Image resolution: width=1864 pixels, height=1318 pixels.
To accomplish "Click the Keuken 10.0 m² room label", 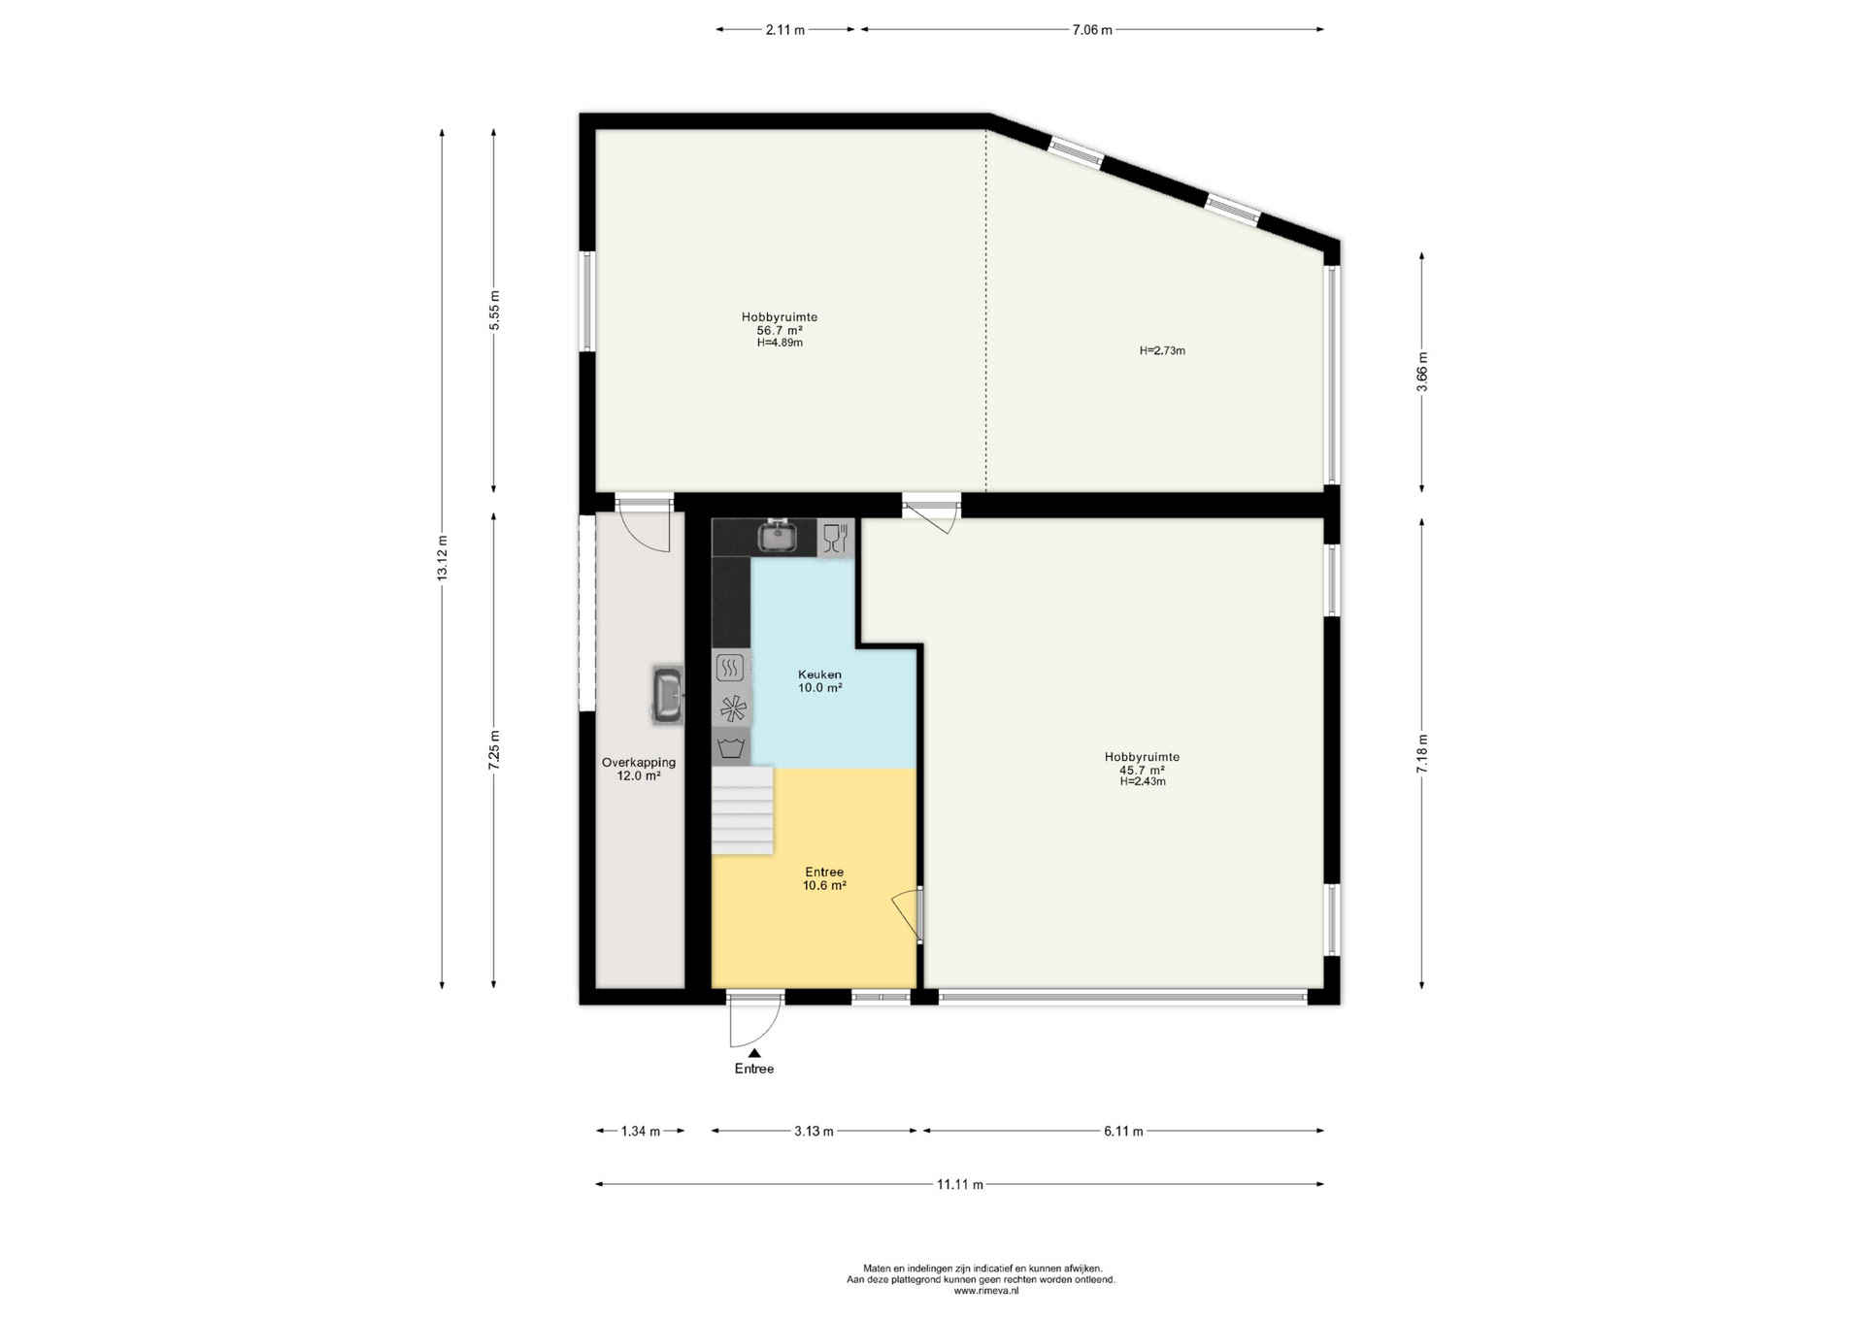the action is pyautogui.click(x=819, y=681).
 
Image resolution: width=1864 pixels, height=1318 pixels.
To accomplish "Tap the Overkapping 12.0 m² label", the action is pyautogui.click(x=639, y=769).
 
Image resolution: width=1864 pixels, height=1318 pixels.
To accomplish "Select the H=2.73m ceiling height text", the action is pyautogui.click(x=1162, y=350).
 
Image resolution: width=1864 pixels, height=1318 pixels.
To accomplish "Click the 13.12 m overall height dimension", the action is pyautogui.click(x=443, y=558).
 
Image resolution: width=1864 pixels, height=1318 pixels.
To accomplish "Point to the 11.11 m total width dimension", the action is pyautogui.click(x=960, y=1184).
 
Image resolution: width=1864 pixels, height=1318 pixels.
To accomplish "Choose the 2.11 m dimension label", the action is pyautogui.click(x=785, y=30).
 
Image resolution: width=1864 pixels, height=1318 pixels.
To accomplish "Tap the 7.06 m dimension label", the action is pyautogui.click(x=1092, y=30).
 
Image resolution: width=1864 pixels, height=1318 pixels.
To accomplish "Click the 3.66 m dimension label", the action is pyautogui.click(x=1422, y=372).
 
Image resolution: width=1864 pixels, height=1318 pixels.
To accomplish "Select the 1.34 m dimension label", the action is pyautogui.click(x=641, y=1131).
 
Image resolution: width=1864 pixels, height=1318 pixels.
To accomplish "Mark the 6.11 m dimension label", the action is pyautogui.click(x=1123, y=1131).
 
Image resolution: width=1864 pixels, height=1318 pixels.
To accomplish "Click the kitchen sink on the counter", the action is pyautogui.click(x=777, y=535).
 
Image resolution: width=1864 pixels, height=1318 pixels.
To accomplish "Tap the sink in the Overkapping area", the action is pyautogui.click(x=668, y=696).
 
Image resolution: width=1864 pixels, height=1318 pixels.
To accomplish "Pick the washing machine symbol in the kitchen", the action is pyautogui.click(x=731, y=747).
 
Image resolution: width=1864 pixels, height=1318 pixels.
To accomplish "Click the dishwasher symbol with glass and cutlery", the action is pyautogui.click(x=835, y=538).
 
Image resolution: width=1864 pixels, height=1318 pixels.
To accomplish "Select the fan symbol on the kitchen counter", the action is pyautogui.click(x=731, y=708).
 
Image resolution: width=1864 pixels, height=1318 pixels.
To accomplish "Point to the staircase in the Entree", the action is pyautogui.click(x=743, y=810).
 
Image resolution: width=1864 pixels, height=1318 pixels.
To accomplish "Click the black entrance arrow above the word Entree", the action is pyautogui.click(x=754, y=1052).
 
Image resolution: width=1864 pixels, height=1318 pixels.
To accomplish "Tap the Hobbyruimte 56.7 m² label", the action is pyautogui.click(x=780, y=330).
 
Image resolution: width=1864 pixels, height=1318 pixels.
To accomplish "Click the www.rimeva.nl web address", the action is pyautogui.click(x=986, y=1291).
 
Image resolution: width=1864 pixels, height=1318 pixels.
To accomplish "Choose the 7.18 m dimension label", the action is pyautogui.click(x=1422, y=753).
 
